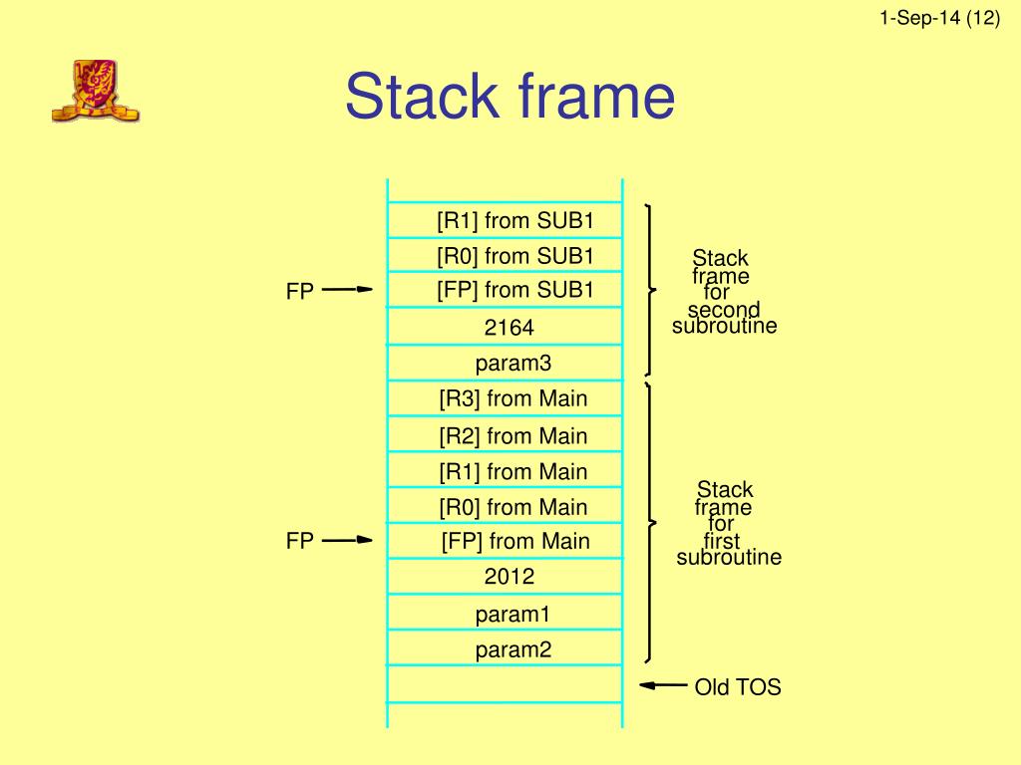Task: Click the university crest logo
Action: [95, 91]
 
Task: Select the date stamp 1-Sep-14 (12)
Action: [940, 18]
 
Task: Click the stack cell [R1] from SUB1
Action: [514, 220]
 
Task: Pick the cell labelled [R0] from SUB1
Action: [514, 256]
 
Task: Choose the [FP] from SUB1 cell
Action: [514, 290]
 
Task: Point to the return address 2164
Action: [509, 328]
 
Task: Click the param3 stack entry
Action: [512, 364]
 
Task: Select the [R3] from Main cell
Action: [512, 399]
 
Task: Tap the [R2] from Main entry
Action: [512, 435]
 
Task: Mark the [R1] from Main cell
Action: [512, 471]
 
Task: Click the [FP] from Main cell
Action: [514, 542]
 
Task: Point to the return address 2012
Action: [509, 577]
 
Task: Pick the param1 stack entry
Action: [512, 615]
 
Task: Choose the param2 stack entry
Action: [512, 650]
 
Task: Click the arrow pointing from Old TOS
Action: [663, 685]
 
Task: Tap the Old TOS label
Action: [737, 686]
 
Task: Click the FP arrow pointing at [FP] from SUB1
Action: [347, 290]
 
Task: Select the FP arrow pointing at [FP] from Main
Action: [347, 541]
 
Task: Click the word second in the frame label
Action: [724, 310]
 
